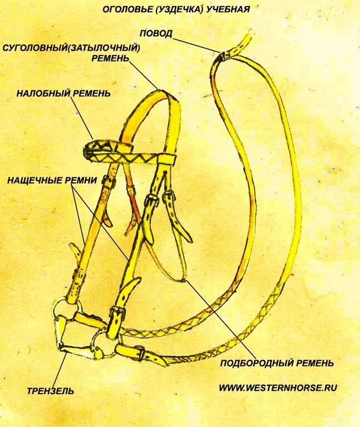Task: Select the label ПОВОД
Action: (x=155, y=33)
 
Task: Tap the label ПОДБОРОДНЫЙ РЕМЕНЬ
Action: (x=277, y=363)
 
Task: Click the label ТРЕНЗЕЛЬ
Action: (x=50, y=391)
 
